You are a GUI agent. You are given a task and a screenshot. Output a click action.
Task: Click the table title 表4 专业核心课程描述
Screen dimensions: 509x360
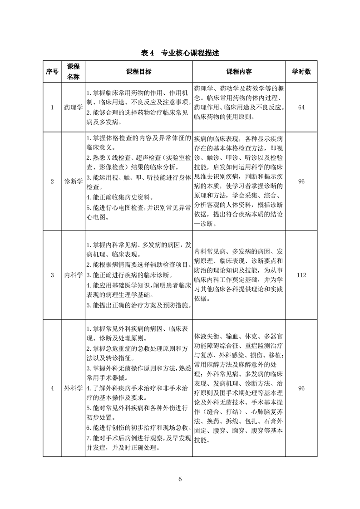tap(180, 53)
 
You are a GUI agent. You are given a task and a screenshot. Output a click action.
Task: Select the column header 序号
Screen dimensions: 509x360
tap(52, 72)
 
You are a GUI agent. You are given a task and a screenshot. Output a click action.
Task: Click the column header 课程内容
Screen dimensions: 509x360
tap(239, 72)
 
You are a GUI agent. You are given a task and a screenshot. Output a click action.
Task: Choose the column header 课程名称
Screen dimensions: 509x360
tap(73, 72)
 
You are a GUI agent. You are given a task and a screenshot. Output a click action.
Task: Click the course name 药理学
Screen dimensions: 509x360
tap(73, 108)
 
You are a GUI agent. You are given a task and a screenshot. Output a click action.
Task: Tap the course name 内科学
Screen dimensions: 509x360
tap(73, 275)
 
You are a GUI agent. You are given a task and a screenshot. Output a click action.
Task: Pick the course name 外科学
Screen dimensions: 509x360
tap(73, 388)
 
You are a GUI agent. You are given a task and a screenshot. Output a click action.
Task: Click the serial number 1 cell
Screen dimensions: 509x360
tap(52, 108)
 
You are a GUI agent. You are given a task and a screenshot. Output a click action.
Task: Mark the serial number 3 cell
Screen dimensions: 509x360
tap(52, 275)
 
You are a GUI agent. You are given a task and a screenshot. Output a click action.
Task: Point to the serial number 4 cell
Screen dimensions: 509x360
tap(52, 388)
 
